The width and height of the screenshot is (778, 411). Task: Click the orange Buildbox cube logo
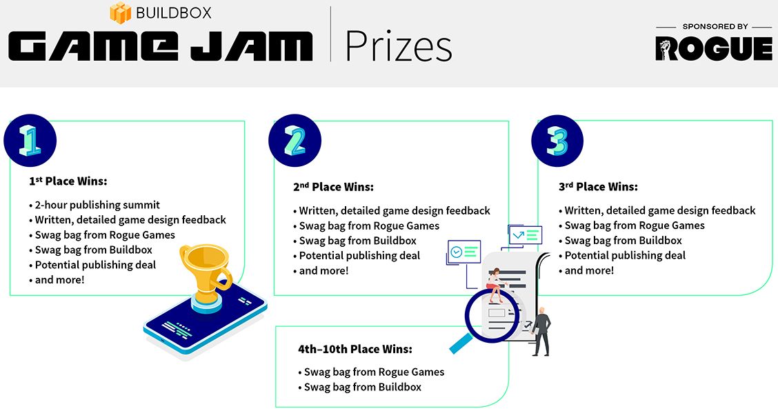120,12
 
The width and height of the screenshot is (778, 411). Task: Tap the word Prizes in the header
399,46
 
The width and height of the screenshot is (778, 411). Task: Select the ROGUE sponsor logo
714,49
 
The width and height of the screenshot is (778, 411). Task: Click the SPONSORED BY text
715,26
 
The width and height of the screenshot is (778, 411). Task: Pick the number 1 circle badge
30,141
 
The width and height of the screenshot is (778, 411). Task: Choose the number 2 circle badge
295,141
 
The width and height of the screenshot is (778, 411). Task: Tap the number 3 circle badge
557,141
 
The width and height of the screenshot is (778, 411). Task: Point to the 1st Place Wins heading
68,181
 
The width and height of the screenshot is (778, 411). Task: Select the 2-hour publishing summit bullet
94,205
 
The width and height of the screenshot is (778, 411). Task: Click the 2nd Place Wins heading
333,187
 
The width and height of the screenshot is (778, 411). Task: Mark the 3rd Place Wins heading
599,187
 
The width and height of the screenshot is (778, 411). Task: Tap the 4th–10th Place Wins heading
355,349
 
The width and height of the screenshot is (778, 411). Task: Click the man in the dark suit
541,331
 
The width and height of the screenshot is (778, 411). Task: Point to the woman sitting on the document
495,285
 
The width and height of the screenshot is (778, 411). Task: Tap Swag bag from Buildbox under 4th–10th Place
360,387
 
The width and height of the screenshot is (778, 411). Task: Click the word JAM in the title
252,47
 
